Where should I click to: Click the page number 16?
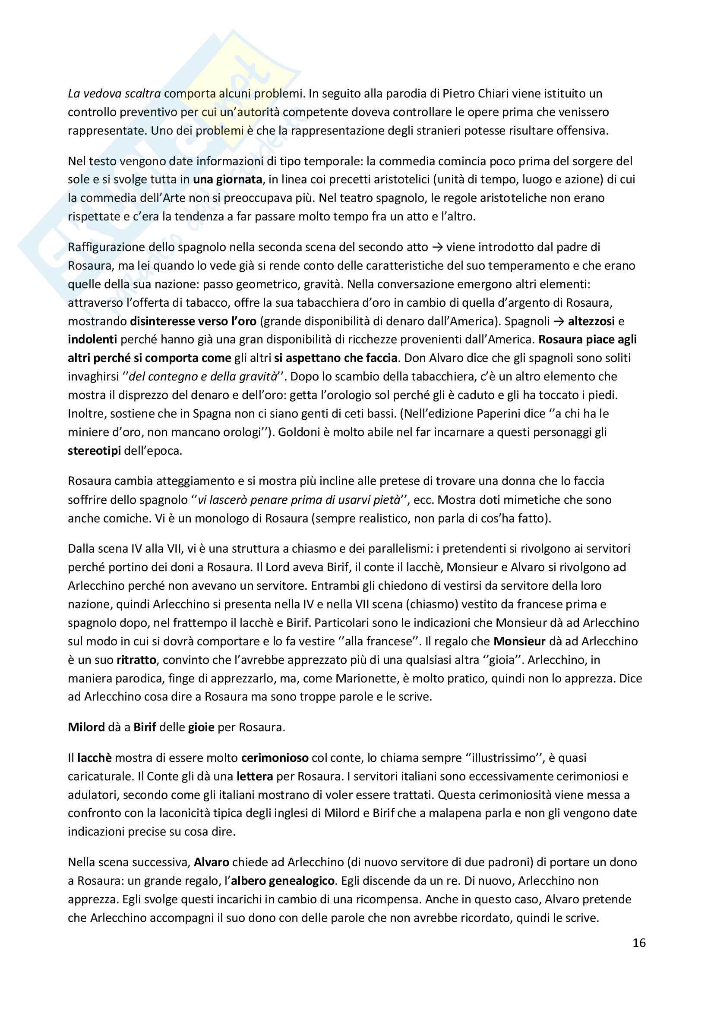pyautogui.click(x=639, y=943)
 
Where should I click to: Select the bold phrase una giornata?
pyautogui.click(x=227, y=179)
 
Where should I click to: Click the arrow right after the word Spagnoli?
pyautogui.click(x=558, y=321)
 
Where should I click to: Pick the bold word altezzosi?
pyautogui.click(x=591, y=321)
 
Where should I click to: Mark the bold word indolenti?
pyautogui.click(x=92, y=339)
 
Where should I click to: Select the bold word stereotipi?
pyautogui.click(x=94, y=451)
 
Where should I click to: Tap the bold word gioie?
pyautogui.click(x=201, y=727)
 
